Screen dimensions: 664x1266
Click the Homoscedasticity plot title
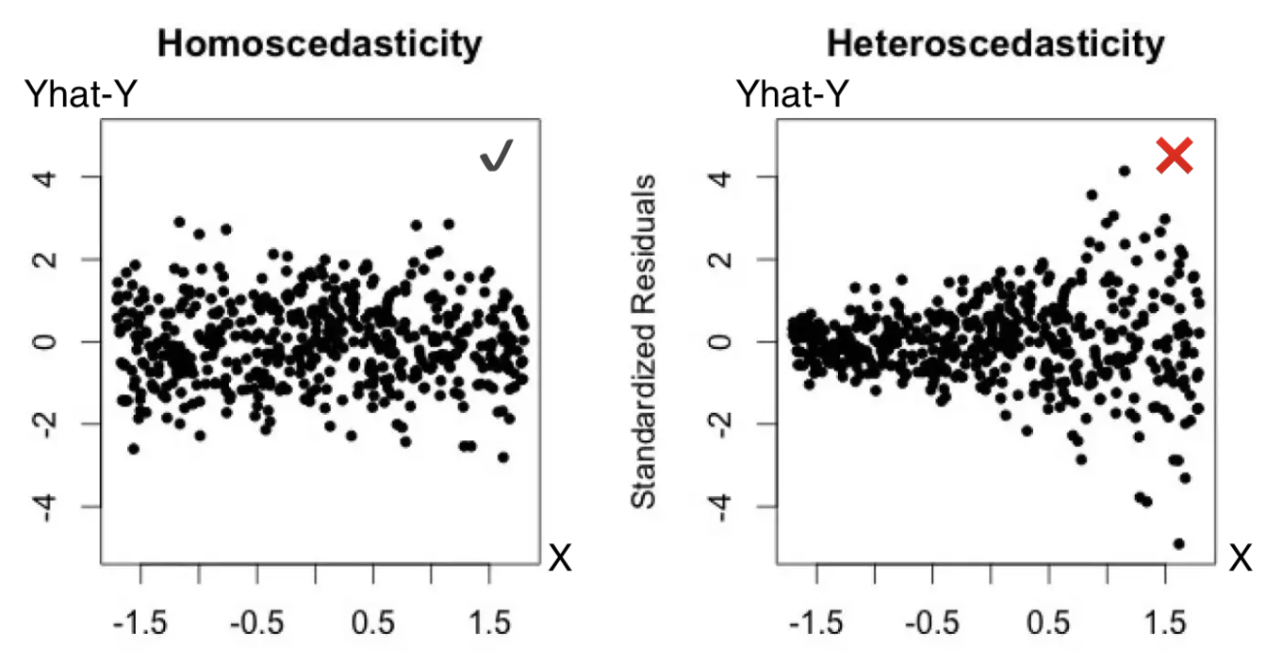point(320,43)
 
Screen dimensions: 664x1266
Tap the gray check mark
point(497,157)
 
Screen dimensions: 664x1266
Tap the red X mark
point(1175,156)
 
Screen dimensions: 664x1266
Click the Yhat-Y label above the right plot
point(793,94)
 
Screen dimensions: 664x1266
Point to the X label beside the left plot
point(561,559)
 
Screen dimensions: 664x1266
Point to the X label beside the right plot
point(1241,559)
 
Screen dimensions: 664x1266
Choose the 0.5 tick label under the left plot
point(374,623)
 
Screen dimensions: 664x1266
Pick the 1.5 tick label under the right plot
point(1166,623)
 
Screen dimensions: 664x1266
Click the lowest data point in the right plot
point(1178,543)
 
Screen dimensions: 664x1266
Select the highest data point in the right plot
point(1124,171)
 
